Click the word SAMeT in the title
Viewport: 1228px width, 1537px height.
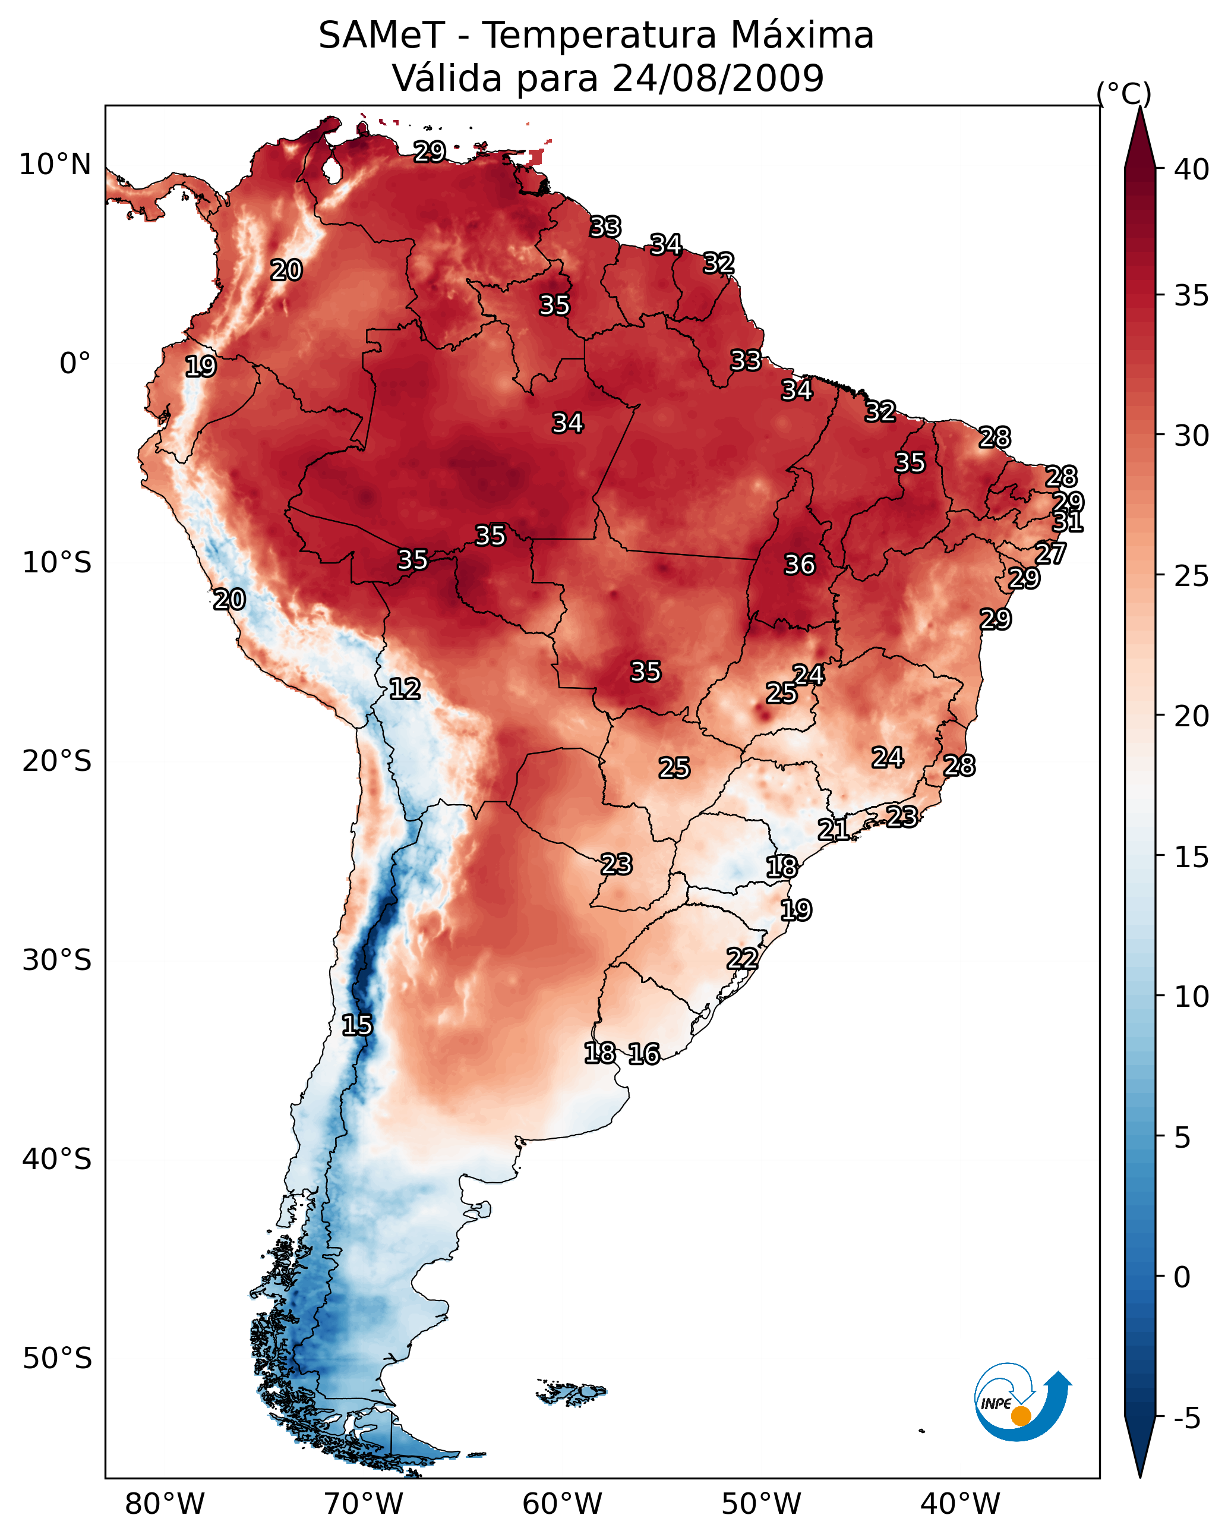pos(382,36)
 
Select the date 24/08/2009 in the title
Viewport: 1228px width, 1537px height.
pos(718,78)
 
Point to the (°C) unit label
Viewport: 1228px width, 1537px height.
pos(1124,93)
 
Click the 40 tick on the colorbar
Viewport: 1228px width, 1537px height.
pos(1192,169)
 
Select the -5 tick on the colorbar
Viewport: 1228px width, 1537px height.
pos(1188,1419)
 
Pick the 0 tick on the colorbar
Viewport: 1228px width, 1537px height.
pos(1182,1277)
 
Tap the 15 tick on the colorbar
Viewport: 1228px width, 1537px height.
pos(1192,857)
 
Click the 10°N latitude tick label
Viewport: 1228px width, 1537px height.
pos(55,165)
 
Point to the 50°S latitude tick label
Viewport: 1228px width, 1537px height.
pos(57,1359)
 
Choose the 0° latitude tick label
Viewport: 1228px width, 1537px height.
pos(75,364)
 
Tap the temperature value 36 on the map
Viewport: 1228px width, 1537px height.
pos(800,565)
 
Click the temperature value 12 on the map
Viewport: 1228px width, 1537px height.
pos(405,689)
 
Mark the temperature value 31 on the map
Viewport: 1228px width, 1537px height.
pos(1068,522)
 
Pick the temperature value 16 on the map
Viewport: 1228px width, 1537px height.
pos(644,1054)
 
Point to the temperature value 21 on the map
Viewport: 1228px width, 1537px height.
pos(833,829)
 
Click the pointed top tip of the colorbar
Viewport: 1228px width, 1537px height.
pos(1140,107)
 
